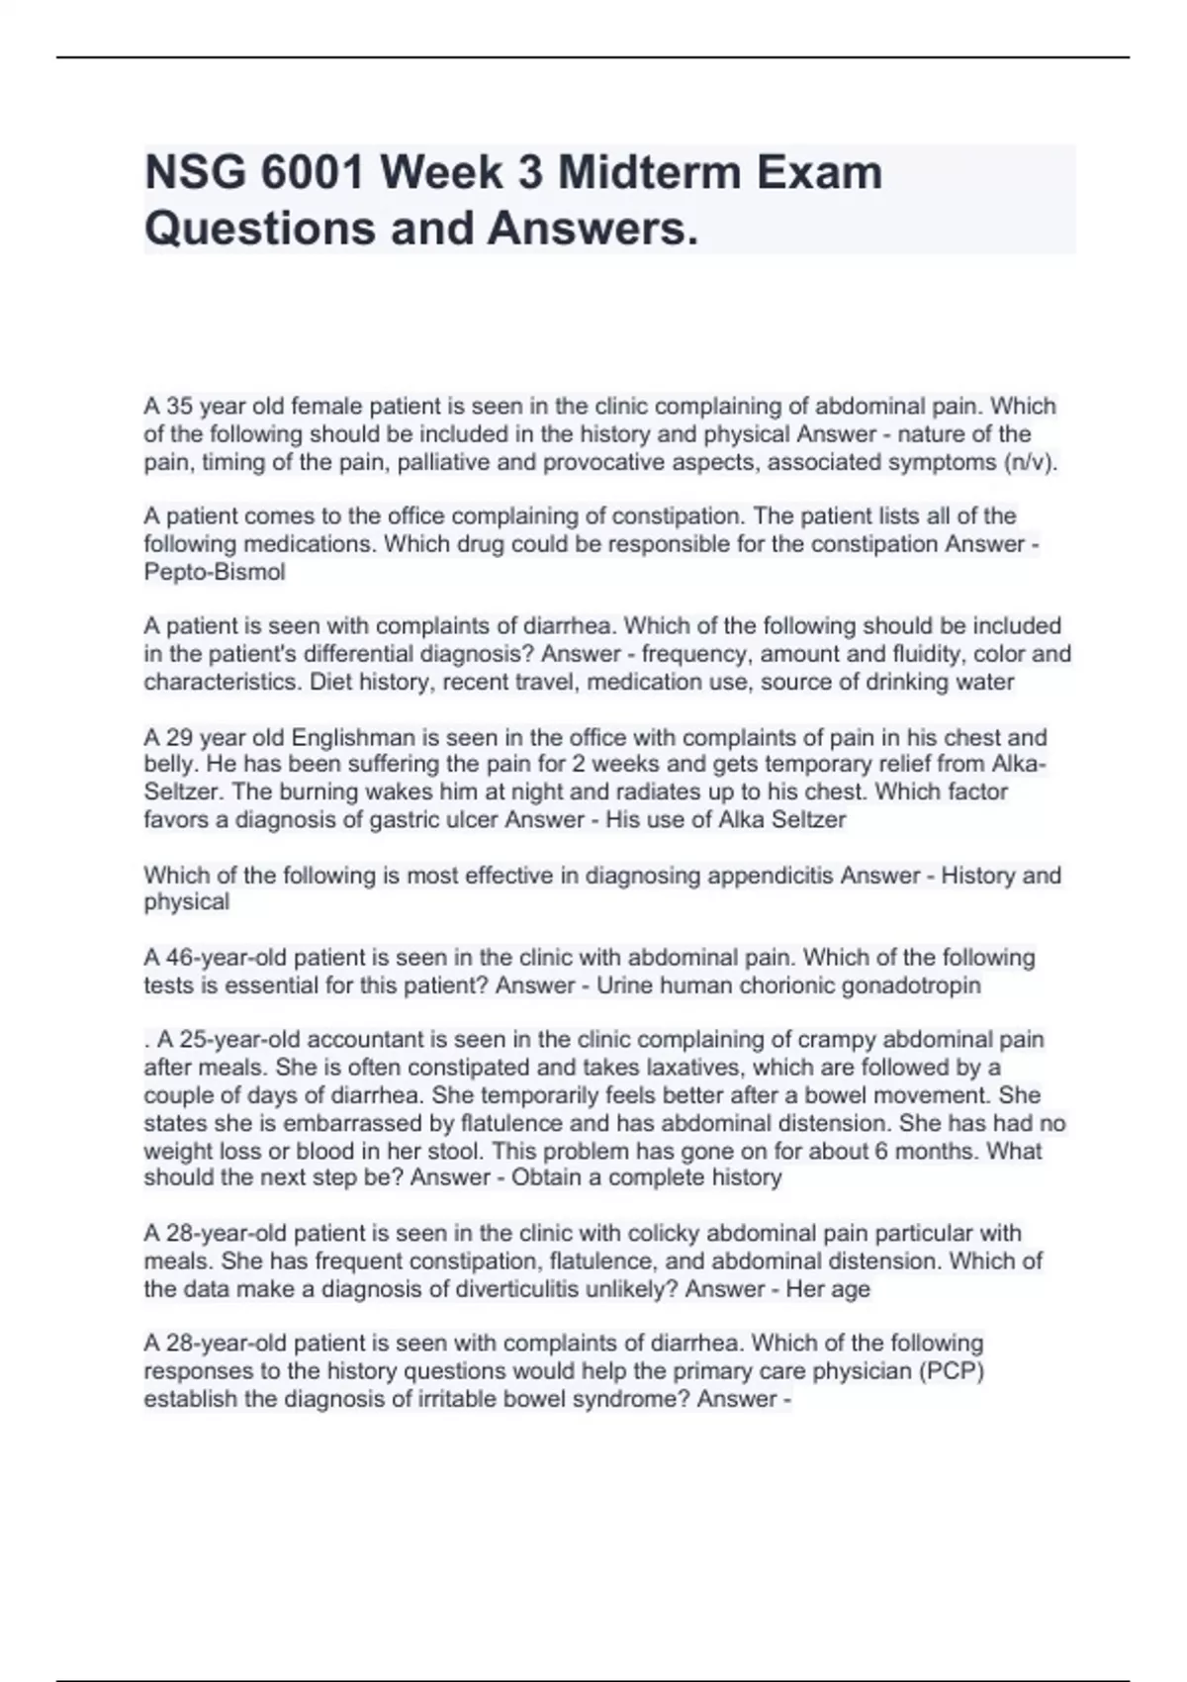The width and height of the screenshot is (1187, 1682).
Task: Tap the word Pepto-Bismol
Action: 215,572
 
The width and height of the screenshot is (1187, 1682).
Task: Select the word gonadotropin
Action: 916,985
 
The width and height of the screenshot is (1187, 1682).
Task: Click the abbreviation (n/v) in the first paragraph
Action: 1029,462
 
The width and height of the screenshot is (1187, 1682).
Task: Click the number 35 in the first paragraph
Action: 180,407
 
